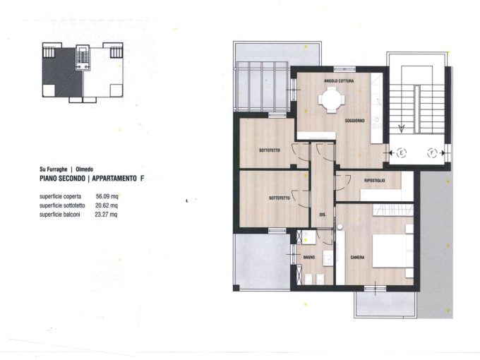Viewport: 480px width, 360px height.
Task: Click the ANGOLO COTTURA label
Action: pos(339,80)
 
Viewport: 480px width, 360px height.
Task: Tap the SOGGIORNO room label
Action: pos(355,121)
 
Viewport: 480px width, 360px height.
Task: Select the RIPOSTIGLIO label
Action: pos(374,180)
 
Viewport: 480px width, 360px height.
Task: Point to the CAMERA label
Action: pos(357,258)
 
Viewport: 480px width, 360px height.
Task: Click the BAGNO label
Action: pos(309,257)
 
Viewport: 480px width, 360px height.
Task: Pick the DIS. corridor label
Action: pos(323,215)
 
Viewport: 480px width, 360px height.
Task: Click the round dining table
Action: pos(332,100)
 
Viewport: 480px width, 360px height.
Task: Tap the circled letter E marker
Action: pos(402,152)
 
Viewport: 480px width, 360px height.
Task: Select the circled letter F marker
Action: pos(432,152)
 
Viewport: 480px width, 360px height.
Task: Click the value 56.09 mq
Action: pos(107,196)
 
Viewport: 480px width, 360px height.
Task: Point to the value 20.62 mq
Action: pos(106,205)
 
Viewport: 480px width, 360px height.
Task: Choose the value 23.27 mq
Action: pos(106,215)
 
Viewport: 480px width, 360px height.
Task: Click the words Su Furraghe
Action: pos(53,169)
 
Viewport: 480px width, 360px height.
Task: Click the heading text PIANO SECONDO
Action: pos(62,179)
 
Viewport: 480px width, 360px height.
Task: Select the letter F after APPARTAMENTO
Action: pos(142,179)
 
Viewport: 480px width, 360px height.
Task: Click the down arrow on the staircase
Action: pos(402,128)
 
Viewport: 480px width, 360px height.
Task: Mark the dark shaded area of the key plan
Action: pos(62,72)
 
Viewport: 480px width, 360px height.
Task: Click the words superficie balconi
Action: pos(60,215)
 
